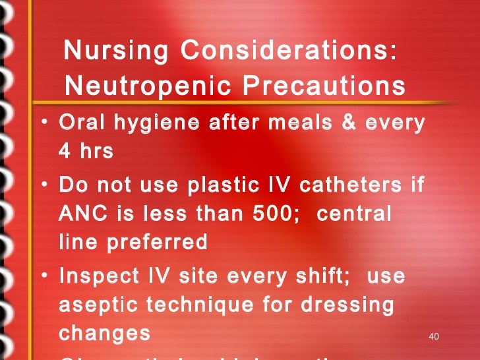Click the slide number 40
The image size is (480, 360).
pos(433,337)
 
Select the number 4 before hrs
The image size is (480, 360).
pos(65,151)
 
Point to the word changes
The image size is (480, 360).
pos(105,333)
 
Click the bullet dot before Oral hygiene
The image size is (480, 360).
pos(43,124)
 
